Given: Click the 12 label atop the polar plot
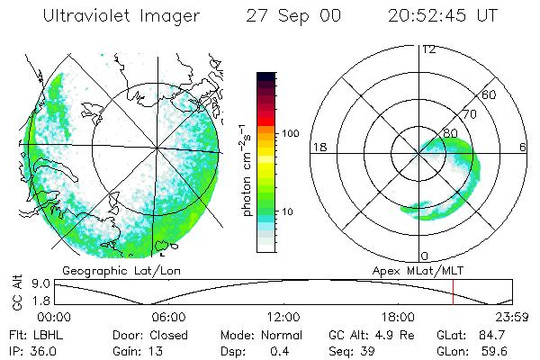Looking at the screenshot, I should click(x=428, y=49).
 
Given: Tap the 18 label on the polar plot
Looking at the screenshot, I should click(x=318, y=148).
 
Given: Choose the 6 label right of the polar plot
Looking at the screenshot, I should click(x=523, y=148).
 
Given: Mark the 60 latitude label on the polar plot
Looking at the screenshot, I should click(x=490, y=94).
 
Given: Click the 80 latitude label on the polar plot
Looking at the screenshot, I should click(x=450, y=133).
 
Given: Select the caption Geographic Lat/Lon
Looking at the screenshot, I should click(x=109, y=270).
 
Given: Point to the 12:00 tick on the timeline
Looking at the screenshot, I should click(x=283, y=317).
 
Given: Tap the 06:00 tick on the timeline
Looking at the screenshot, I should click(x=168, y=317).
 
